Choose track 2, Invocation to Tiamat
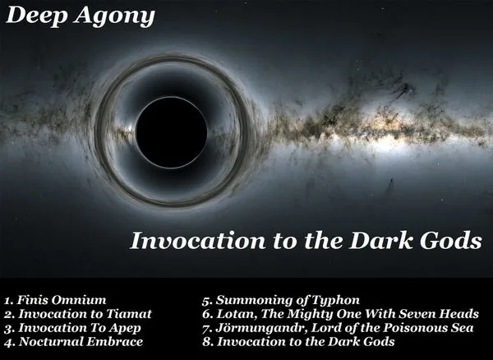click(x=77, y=313)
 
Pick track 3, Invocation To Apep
click(x=70, y=327)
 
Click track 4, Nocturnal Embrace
click(x=72, y=341)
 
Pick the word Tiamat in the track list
click(x=130, y=313)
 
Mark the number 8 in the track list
click(x=205, y=341)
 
